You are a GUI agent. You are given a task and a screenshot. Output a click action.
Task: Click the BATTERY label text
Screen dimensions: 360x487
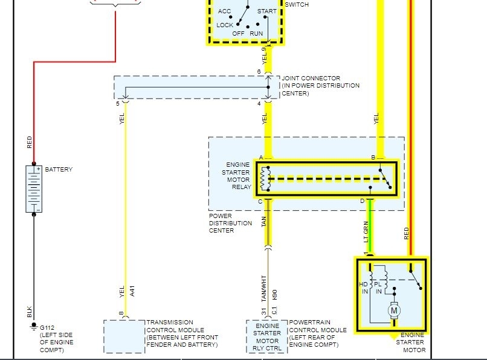pos(59,170)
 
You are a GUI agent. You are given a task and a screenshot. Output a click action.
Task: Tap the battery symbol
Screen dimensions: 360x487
pos(34,188)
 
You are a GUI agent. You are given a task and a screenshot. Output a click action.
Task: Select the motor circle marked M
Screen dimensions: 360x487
pos(394,311)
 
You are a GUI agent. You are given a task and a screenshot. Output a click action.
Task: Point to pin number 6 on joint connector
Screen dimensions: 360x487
pos(259,72)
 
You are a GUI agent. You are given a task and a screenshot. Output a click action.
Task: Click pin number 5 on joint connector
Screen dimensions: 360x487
pos(118,104)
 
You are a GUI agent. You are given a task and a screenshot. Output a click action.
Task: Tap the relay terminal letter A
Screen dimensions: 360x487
pos(261,158)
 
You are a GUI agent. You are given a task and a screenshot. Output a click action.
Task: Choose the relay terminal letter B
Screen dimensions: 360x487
pos(373,158)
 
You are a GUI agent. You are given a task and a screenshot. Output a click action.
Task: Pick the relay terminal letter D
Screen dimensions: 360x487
pos(363,201)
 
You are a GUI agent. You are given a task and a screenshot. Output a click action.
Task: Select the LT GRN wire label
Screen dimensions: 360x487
pos(366,232)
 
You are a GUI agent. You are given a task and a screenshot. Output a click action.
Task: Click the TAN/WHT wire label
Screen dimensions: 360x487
pos(263,288)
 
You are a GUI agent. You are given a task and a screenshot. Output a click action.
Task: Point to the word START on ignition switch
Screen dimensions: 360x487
pos(267,11)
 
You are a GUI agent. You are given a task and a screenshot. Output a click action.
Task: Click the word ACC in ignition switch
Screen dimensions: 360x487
pos(224,11)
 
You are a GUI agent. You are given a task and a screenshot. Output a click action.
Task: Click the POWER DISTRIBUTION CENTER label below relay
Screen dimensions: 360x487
pos(230,223)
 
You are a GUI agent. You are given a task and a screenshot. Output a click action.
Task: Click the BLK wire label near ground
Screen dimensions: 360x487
pos(30,312)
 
